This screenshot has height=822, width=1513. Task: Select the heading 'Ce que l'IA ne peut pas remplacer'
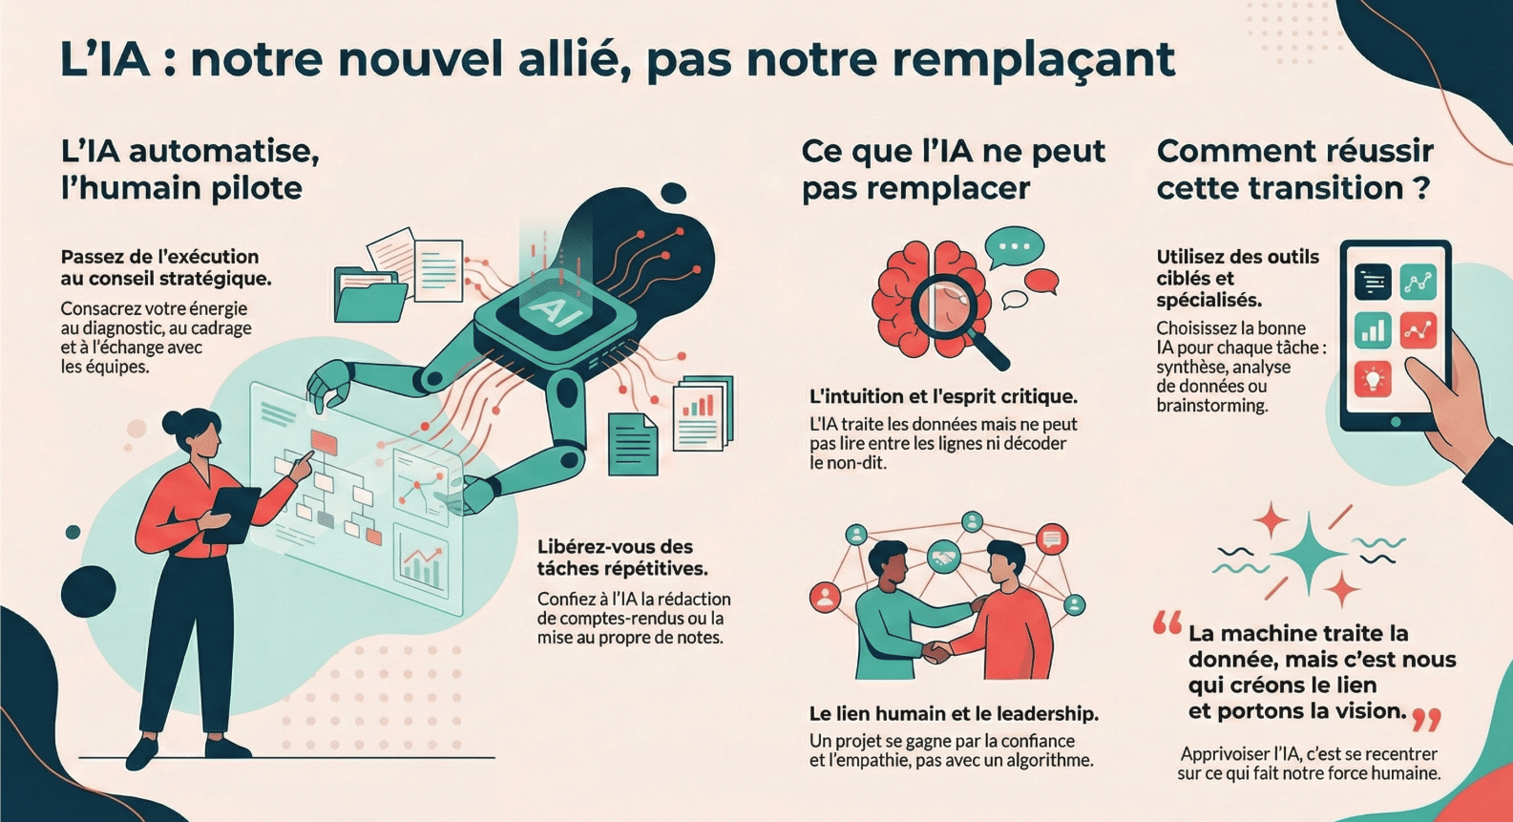[952, 169]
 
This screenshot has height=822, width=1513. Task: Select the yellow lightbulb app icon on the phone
[1373, 379]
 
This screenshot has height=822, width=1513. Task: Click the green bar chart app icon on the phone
[1373, 331]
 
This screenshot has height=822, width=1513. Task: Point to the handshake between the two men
[936, 652]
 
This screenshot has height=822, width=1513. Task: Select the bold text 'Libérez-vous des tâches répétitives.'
[621, 558]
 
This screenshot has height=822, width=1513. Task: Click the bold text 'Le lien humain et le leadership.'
[953, 713]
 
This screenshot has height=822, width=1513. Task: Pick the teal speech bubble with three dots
[1015, 247]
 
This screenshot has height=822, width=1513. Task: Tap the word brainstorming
[1211, 406]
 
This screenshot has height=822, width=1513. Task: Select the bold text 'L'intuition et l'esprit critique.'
[942, 396]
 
